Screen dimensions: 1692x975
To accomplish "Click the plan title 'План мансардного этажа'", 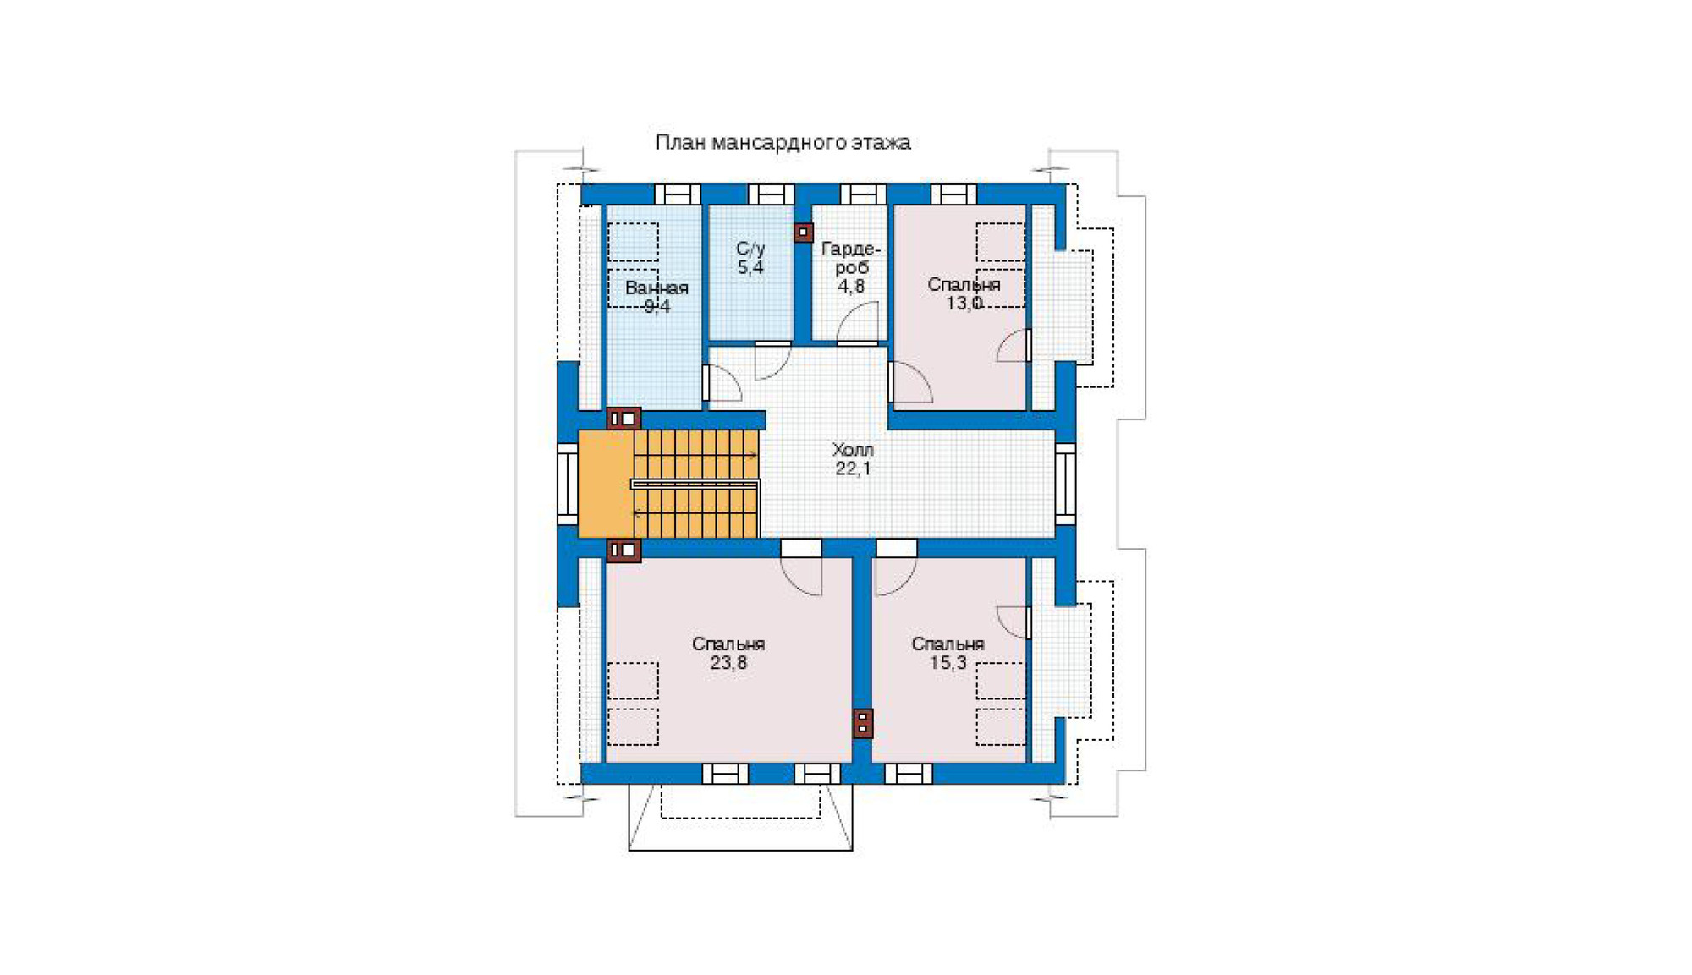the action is tap(783, 142).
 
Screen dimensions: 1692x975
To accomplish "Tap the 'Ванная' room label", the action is tap(656, 288).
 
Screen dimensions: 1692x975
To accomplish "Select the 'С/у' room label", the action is tap(750, 249).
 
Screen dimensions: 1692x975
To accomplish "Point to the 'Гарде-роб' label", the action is tap(851, 258).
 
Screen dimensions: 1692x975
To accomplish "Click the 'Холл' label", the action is tap(853, 450).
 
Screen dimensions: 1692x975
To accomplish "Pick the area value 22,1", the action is tap(853, 468).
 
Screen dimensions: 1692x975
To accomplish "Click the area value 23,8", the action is tap(728, 663).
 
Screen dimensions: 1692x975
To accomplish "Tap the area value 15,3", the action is tap(948, 663).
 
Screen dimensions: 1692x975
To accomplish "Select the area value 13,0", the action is tap(964, 304).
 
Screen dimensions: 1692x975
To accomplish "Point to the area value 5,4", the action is tap(750, 268).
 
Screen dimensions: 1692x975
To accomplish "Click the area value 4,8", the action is tap(851, 287).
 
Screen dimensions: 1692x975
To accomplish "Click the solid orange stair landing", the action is tap(606, 484).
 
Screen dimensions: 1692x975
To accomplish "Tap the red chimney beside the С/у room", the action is tap(804, 233).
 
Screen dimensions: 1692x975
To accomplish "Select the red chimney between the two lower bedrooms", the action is tap(863, 723).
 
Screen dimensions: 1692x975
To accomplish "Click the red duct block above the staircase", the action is tap(624, 419).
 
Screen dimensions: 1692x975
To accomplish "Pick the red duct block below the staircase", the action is tap(624, 550).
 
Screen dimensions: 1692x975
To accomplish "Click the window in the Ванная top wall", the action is tap(678, 194).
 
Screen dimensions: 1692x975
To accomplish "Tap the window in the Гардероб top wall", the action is tap(863, 194).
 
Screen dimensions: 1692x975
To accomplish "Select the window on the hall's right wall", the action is tap(1065, 484).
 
